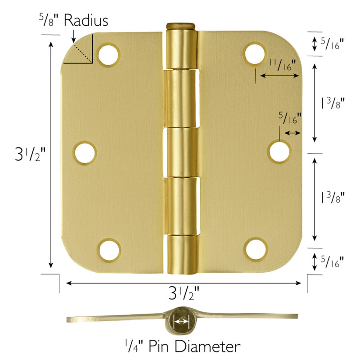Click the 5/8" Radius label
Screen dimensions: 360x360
73,21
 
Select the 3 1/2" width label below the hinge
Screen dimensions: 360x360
184,295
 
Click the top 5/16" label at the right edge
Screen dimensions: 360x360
333,43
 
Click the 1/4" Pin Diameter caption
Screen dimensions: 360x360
182,346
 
